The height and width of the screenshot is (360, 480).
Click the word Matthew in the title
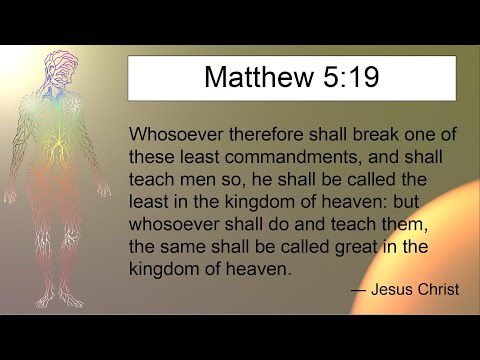pyautogui.click(x=249, y=78)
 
